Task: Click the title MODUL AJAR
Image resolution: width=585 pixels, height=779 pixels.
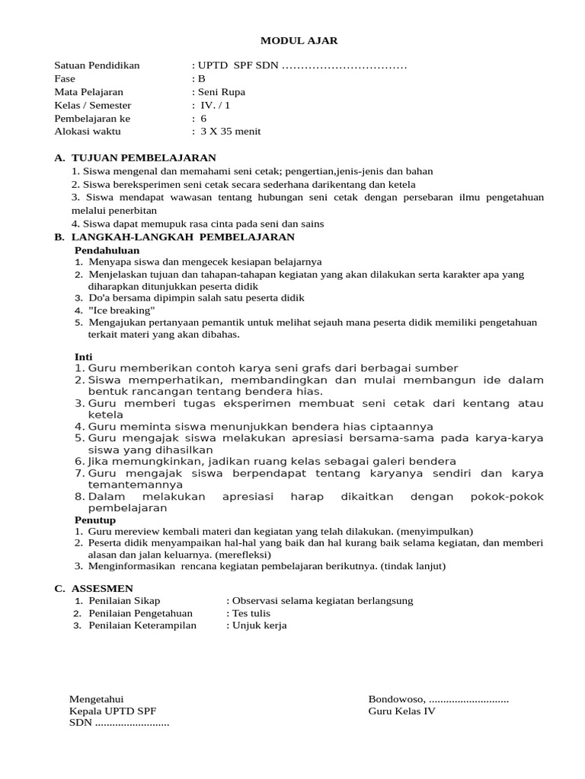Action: [x=292, y=40]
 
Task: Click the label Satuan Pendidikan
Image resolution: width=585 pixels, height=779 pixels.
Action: [x=97, y=65]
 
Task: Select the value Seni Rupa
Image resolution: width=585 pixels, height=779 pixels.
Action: [x=222, y=92]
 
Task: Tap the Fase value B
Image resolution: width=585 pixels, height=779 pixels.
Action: [x=202, y=78]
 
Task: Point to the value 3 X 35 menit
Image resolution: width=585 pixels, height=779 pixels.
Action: [x=230, y=131]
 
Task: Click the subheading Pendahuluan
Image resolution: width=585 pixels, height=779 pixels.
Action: [x=106, y=250]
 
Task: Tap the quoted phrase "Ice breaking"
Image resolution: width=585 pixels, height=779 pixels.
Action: [x=122, y=310]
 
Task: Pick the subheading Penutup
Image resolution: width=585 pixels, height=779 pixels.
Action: [x=94, y=520]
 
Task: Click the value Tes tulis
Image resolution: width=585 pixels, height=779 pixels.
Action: [x=251, y=613]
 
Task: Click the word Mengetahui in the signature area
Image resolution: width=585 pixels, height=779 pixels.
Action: [x=96, y=699]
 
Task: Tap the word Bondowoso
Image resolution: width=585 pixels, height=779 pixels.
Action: [x=396, y=699]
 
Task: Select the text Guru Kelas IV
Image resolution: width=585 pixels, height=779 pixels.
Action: [x=401, y=711]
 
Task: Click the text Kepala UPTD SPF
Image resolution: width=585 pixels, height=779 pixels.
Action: [x=113, y=711]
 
